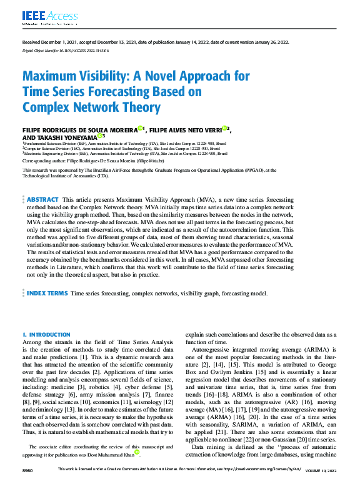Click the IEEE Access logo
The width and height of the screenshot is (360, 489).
point(42,16)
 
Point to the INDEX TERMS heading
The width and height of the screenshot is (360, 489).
point(47,293)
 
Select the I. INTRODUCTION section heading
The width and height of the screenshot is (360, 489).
point(46,335)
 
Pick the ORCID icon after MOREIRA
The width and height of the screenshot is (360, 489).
point(141,128)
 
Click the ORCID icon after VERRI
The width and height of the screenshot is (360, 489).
point(224,128)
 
